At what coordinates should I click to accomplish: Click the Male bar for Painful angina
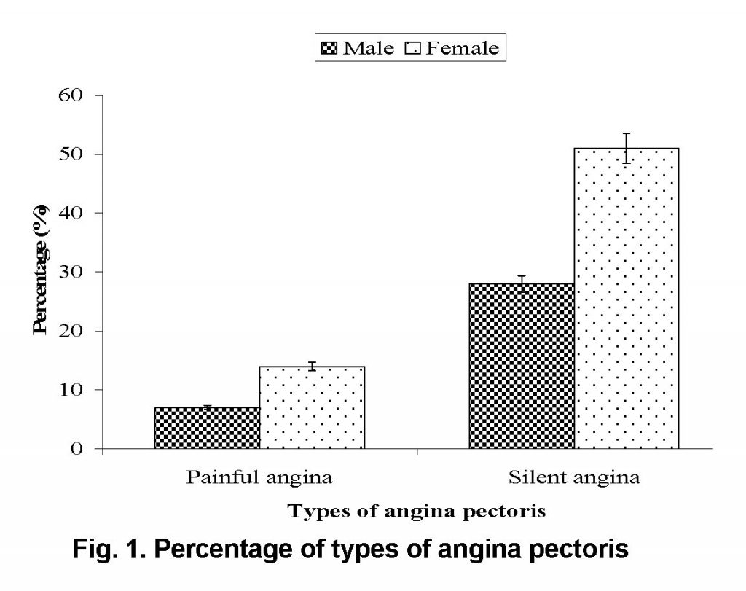[207, 428]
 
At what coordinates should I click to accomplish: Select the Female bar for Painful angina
[312, 407]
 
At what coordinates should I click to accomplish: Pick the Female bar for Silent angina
[627, 298]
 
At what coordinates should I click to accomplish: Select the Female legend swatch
[415, 50]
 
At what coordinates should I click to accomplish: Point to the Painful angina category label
[259, 479]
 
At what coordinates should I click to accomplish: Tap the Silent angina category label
[574, 479]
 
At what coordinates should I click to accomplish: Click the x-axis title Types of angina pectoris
[417, 512]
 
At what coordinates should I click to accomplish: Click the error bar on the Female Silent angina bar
[627, 148]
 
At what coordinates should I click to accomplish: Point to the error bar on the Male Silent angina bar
[522, 283]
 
